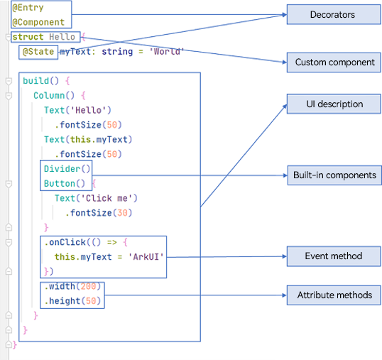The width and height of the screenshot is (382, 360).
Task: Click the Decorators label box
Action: coord(334,14)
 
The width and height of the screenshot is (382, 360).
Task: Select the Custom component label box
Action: coord(334,62)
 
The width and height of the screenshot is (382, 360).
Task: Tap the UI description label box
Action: coord(334,104)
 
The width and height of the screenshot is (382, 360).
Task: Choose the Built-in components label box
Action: coord(334,175)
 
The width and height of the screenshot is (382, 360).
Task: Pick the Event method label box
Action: coord(334,256)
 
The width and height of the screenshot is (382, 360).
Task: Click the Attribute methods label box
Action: coord(334,295)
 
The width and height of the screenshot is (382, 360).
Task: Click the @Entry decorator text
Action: coord(28,8)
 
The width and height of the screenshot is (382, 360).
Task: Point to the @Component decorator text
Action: coord(38,23)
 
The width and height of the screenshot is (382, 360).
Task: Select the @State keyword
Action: coord(38,52)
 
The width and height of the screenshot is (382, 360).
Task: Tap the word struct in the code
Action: coord(28,37)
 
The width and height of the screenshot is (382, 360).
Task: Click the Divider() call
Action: coord(67,169)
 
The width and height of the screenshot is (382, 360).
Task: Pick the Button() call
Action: coord(65,183)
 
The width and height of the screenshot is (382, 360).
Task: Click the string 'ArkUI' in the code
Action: coord(146,257)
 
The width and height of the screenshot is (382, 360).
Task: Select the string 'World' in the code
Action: coord(167,52)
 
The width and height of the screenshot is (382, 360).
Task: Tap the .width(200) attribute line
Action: coord(72,286)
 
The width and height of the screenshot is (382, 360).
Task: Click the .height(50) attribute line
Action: coord(72,301)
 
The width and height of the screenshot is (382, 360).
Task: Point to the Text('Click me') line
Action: coord(96,198)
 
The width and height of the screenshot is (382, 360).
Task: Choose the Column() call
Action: coord(54,95)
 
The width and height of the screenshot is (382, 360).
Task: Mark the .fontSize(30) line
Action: coord(99,213)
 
